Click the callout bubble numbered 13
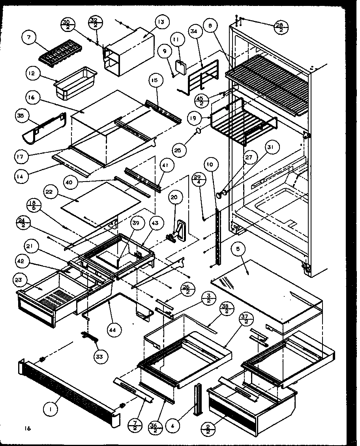pyautogui.click(x=150, y=22)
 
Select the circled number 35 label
pyautogui.click(x=21, y=116)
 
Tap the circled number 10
pyautogui.click(x=210, y=164)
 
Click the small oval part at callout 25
pyautogui.click(x=199, y=130)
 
